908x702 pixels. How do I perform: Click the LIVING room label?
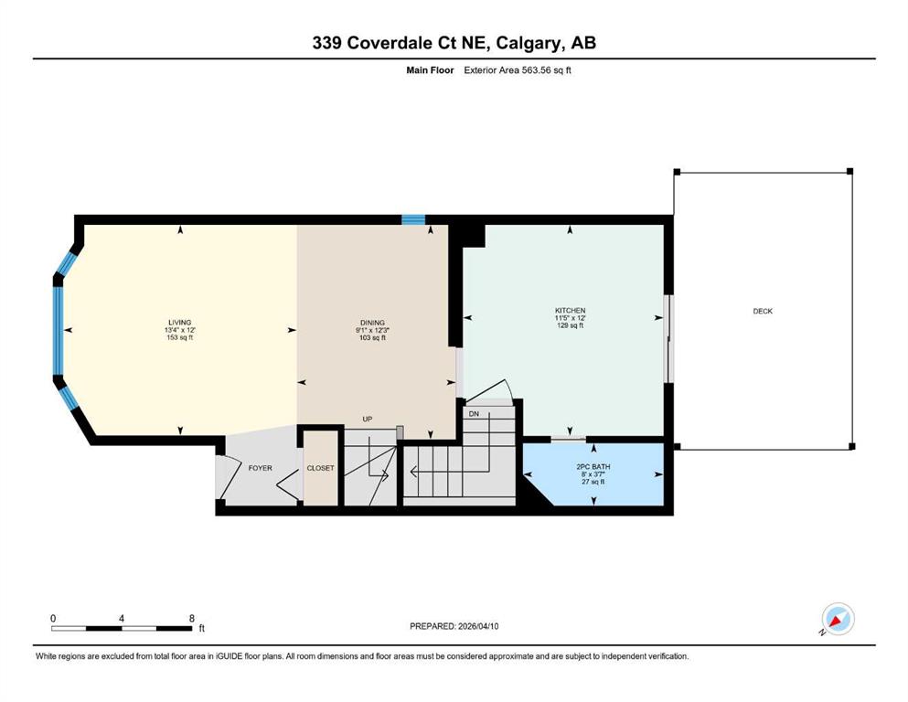click(179, 323)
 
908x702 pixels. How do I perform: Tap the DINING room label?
click(372, 323)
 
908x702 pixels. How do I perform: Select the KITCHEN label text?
click(571, 311)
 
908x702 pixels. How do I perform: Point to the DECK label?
click(763, 312)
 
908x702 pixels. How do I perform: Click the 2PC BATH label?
click(593, 466)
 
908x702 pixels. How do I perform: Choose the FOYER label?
click(260, 468)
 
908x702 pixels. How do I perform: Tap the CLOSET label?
click(320, 468)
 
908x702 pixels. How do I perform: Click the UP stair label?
click(368, 419)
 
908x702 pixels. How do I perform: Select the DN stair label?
click(474, 414)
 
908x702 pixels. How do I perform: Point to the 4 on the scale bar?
click(121, 618)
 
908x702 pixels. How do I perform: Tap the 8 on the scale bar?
click(192, 618)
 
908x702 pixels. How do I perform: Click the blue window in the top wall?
click(413, 220)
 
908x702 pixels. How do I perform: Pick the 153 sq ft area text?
click(179, 337)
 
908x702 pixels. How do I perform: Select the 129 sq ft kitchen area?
click(571, 325)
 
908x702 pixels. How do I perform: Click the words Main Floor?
click(430, 70)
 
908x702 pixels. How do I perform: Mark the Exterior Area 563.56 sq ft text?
click(518, 70)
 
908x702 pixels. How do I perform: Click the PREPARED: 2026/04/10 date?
click(454, 626)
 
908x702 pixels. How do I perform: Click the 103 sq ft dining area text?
click(372, 337)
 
